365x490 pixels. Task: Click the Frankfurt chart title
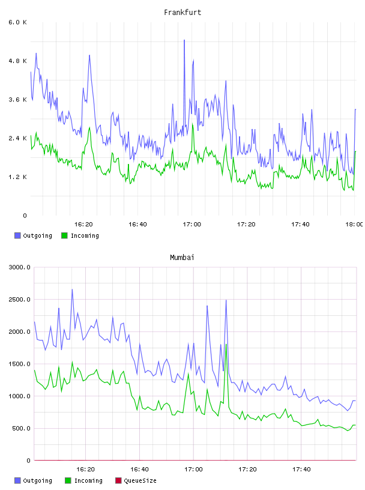[x=182, y=13]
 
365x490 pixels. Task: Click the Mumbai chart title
[x=182, y=258]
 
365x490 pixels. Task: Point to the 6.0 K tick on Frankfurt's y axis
[x=18, y=22]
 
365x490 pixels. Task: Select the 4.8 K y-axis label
[x=18, y=61]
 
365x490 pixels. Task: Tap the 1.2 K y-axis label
[x=18, y=177]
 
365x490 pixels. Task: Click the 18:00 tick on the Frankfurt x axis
[x=354, y=225]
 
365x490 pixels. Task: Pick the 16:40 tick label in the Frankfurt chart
[x=137, y=225]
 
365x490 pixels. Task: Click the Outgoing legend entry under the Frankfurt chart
[x=34, y=235]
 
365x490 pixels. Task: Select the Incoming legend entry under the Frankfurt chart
[x=80, y=235]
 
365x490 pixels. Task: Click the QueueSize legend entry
[x=136, y=480]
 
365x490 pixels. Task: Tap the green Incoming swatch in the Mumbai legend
[x=68, y=480]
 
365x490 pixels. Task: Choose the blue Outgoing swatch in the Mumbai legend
[x=17, y=480]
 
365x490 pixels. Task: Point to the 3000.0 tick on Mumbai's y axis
[x=20, y=267]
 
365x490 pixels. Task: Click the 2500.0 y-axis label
[x=20, y=300]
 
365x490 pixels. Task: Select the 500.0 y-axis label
[x=21, y=428]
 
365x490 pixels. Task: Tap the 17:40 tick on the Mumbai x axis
[x=301, y=470]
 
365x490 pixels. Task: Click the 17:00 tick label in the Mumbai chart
[x=193, y=470]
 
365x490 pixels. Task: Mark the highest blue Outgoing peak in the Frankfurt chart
[x=184, y=40]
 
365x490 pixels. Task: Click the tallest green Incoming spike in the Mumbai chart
[x=226, y=344]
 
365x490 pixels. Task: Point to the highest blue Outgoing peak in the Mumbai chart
[x=72, y=289]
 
